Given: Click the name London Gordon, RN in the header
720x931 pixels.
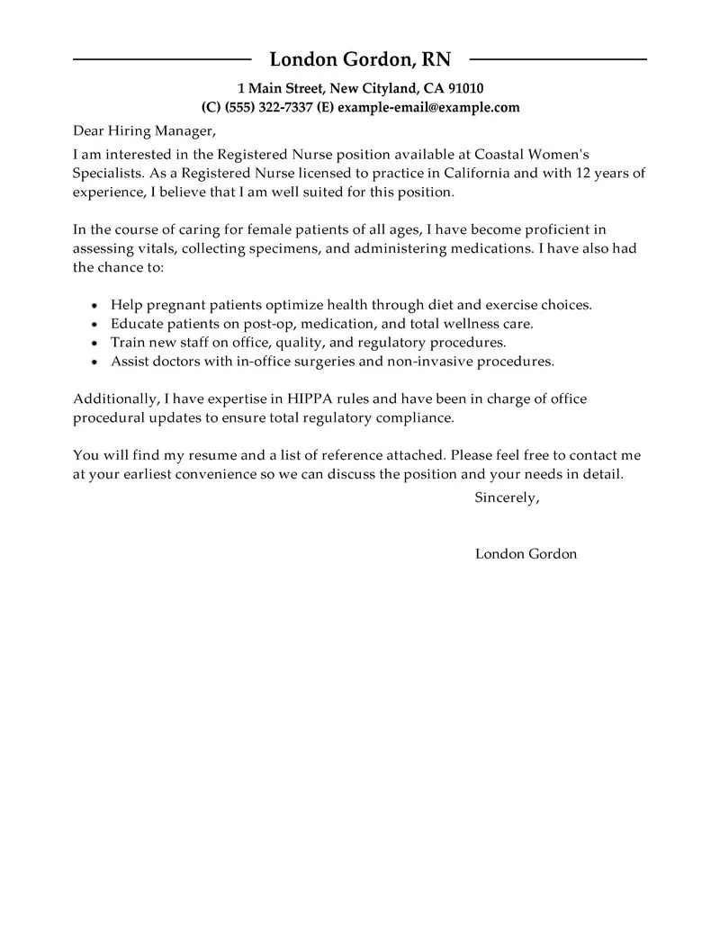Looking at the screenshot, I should pyautogui.click(x=360, y=59).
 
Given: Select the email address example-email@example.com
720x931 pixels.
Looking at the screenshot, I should pyautogui.click(x=428, y=107).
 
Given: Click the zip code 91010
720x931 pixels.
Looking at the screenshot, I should pyautogui.click(x=465, y=88).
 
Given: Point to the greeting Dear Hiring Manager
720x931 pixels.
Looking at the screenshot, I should pyautogui.click(x=145, y=131).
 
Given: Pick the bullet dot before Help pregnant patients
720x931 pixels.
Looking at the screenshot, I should pyautogui.click(x=95, y=306).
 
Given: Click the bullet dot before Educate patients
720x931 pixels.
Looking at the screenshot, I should pyautogui.click(x=95, y=325).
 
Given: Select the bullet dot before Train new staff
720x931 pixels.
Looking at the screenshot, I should pyautogui.click(x=95, y=344).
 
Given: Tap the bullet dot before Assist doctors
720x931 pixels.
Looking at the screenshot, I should pyautogui.click(x=95, y=363).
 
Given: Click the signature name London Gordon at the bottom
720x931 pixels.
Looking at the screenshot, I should pyautogui.click(x=526, y=554).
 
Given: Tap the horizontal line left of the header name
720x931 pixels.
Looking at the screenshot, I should pyautogui.click(x=162, y=59).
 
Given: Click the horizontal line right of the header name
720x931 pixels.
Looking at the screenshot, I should pyautogui.click(x=558, y=59).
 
